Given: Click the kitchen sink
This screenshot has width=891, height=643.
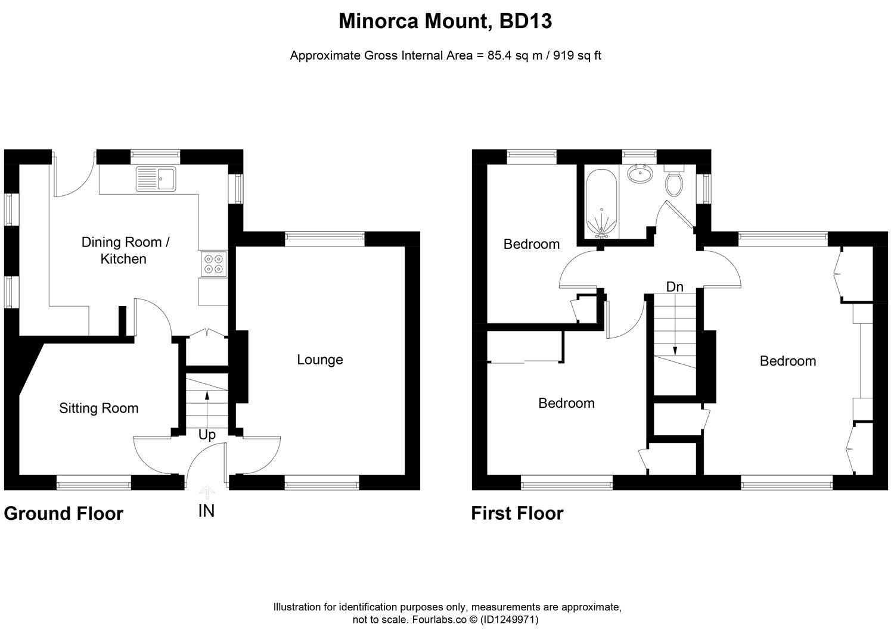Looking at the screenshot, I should tap(156, 179).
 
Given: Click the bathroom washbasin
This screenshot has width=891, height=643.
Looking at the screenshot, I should tap(639, 174).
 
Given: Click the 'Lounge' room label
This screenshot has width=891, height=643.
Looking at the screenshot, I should tap(320, 360).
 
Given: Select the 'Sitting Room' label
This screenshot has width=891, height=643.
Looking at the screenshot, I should tap(99, 408).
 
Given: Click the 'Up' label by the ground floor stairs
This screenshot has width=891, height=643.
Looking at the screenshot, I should tap(207, 435).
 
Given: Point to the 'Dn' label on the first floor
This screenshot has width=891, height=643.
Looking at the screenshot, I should tap(675, 287).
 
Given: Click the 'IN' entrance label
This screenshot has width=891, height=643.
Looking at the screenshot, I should tap(206, 511).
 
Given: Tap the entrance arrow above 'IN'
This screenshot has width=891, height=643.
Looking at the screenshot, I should tap(206, 492).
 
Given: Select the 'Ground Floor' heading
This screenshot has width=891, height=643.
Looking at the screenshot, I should tap(64, 513).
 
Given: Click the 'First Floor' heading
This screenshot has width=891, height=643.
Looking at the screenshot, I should tap(517, 513).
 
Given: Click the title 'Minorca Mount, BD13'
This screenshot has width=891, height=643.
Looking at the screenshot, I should tap(445, 21).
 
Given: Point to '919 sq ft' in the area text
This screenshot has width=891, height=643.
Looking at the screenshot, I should tap(578, 56).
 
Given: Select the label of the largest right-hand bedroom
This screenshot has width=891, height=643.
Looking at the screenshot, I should tap(787, 361).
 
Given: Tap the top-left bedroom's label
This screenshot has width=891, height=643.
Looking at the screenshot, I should tap(531, 244).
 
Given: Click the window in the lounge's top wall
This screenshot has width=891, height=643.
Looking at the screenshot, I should tap(325, 239).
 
